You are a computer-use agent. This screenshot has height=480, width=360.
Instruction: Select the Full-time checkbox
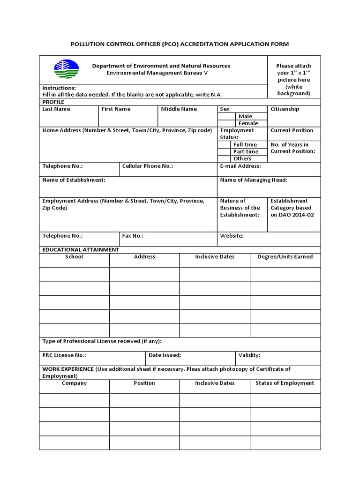(x=224, y=145)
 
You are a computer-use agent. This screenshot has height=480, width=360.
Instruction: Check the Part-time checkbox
(x=224, y=152)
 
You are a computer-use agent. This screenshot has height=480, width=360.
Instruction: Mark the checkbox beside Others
(x=224, y=158)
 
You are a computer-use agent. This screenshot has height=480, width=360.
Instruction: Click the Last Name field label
(x=56, y=109)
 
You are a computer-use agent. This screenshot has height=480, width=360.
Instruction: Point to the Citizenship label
(x=285, y=109)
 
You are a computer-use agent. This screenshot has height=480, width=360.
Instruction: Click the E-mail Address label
(x=240, y=166)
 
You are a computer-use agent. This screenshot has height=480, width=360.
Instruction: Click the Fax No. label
(x=133, y=236)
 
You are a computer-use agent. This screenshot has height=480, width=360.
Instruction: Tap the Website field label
(x=232, y=236)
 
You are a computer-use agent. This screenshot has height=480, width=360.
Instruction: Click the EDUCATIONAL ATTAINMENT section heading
(x=81, y=250)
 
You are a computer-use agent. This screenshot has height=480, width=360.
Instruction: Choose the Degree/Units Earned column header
(x=285, y=257)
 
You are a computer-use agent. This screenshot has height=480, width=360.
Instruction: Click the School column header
(x=74, y=257)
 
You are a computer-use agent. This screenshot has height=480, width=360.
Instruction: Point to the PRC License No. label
(x=64, y=355)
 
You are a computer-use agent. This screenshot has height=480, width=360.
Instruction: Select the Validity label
(x=249, y=355)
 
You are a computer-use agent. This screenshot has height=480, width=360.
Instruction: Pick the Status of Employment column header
(x=285, y=383)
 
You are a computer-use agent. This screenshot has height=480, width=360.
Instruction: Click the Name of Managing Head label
(x=253, y=180)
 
